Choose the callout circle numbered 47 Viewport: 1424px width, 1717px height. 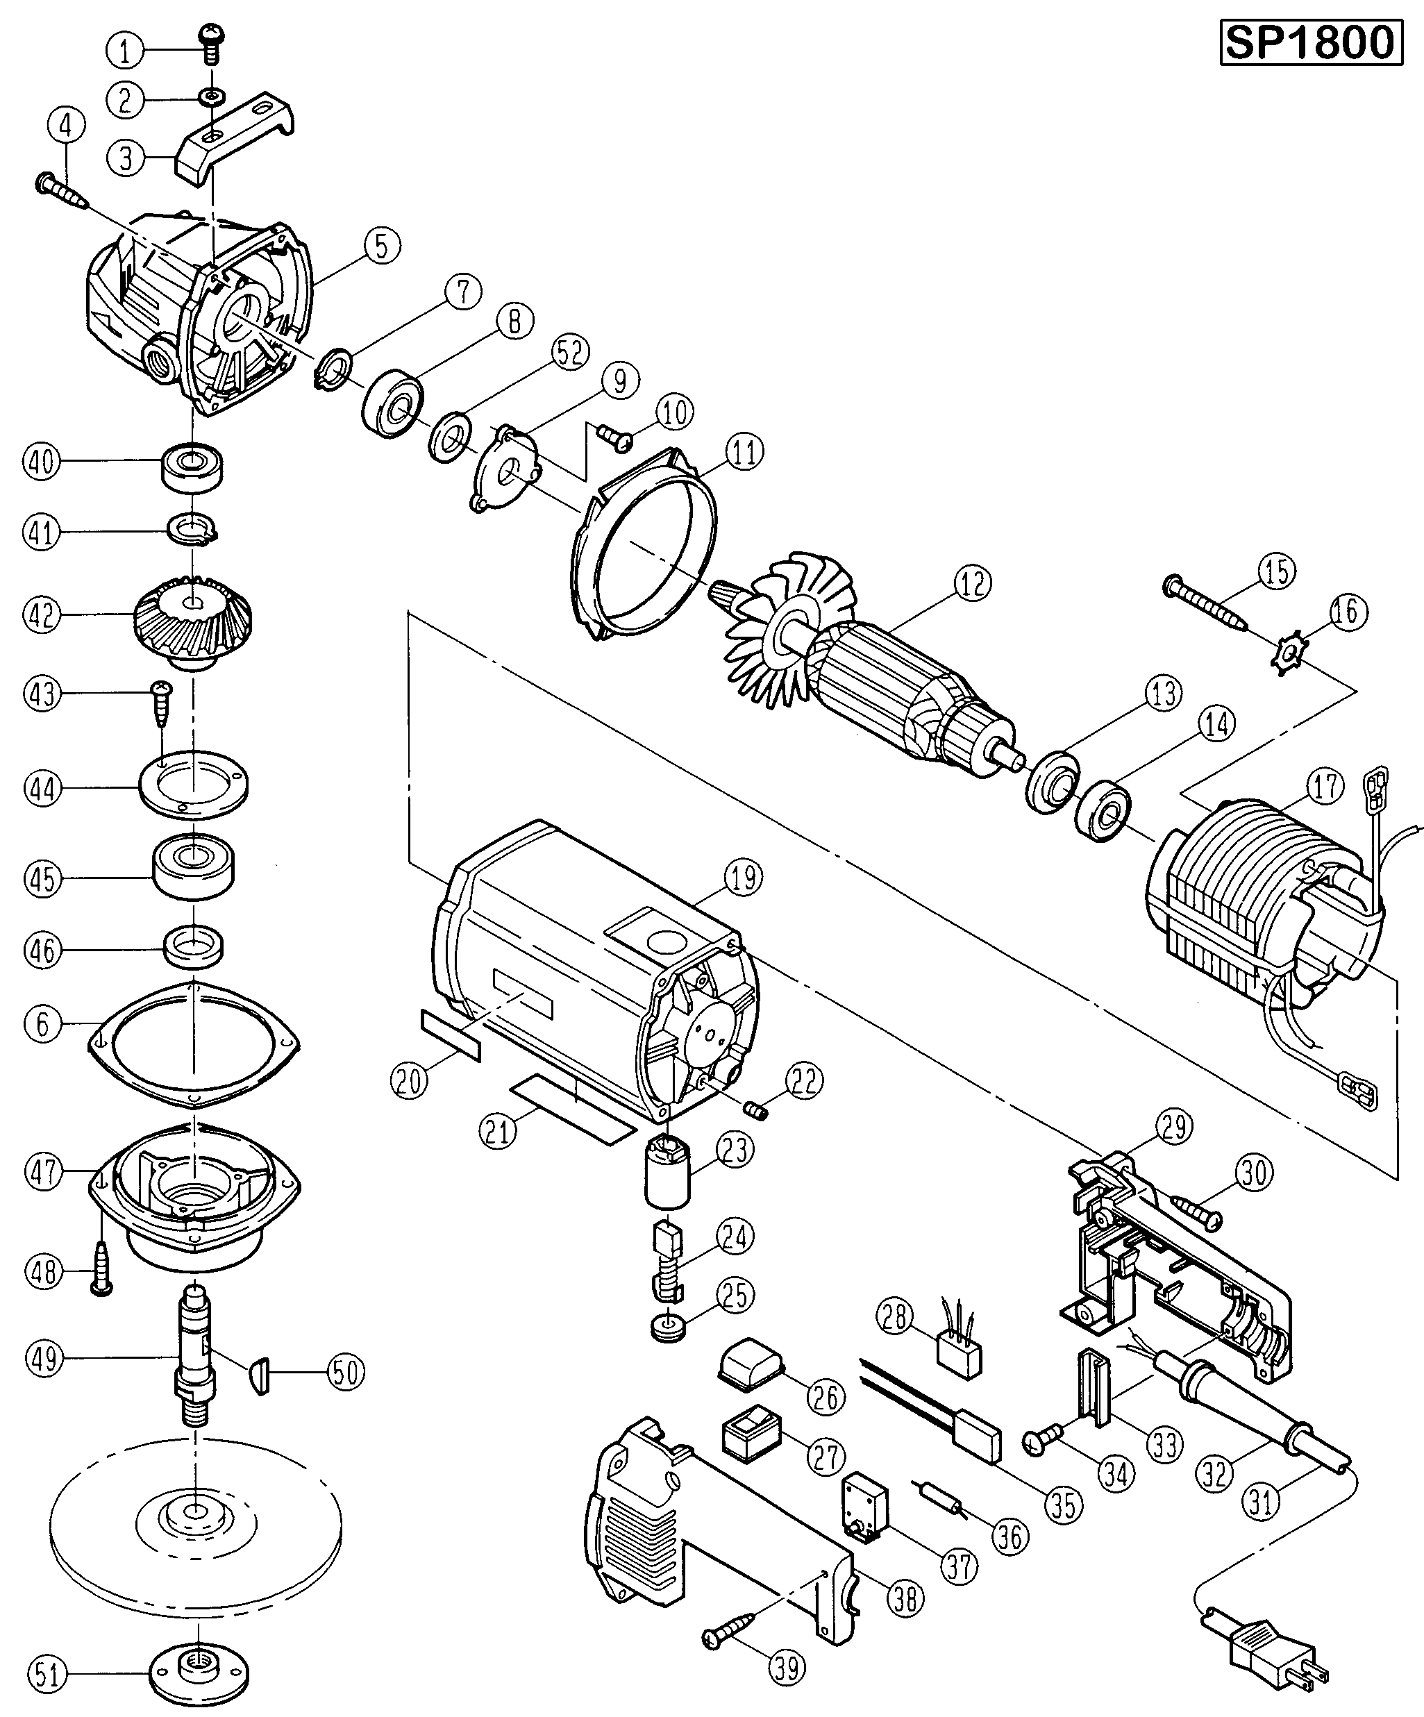click(44, 1173)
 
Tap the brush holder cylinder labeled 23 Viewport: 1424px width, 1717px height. click(668, 1173)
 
